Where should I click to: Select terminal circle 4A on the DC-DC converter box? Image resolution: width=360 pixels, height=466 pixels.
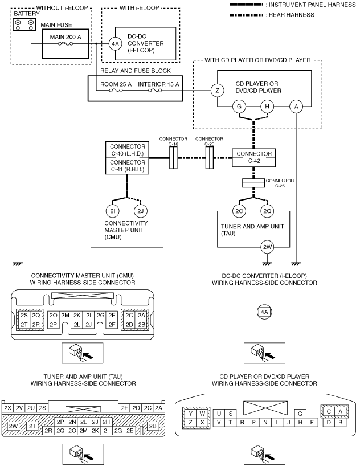coord(115,44)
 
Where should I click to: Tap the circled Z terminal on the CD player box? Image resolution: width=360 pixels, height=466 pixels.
coord(217,91)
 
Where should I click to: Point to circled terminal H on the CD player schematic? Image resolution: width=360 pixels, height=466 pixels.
coord(267,107)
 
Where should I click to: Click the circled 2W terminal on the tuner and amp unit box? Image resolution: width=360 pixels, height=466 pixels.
coord(267,247)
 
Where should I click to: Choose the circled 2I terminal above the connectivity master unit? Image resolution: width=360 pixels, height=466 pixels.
coord(113,211)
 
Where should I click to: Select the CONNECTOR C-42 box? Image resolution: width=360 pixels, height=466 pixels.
coord(254,157)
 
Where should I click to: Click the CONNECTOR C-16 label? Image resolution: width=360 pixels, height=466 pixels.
coord(173,141)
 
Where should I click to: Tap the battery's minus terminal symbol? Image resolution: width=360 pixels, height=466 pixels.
coord(18,23)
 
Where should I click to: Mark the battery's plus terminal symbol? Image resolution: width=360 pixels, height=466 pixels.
coord(31,23)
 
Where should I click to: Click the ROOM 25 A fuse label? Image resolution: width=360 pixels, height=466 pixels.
coord(116,84)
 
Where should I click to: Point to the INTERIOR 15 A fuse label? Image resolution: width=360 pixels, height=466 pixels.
coord(158,84)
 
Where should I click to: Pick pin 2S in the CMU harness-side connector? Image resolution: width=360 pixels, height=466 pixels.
coord(24,316)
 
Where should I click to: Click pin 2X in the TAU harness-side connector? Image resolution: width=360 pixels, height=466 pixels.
coord(7,408)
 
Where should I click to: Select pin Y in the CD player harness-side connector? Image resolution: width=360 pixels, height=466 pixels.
coord(191,414)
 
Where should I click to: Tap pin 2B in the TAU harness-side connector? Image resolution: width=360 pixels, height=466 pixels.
coord(153,426)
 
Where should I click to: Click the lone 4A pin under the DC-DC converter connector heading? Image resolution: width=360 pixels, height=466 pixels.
coord(264,312)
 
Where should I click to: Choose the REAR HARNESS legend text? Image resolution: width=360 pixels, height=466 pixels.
coord(291,15)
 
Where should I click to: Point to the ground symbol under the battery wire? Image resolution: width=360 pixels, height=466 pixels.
coord(18,264)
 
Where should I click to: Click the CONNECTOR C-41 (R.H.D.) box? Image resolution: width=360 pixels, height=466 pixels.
coord(127,166)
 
